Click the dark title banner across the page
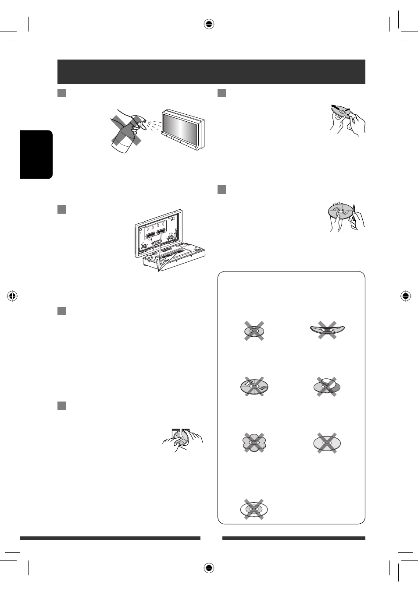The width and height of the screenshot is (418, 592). [x=211, y=71]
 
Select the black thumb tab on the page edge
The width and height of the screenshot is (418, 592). [x=36, y=154]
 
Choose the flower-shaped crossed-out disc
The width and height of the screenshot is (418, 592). [x=254, y=443]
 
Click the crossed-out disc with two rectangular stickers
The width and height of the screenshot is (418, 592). [x=254, y=387]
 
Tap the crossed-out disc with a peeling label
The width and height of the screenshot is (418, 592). [x=327, y=387]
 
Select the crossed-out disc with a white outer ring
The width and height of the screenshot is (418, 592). [x=254, y=509]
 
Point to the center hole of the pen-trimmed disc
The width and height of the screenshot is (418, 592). [x=341, y=211]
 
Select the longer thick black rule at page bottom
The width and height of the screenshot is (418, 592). [x=110, y=538]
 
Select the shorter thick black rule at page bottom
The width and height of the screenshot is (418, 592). [x=293, y=538]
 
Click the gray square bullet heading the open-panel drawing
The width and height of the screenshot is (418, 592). [x=62, y=209]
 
